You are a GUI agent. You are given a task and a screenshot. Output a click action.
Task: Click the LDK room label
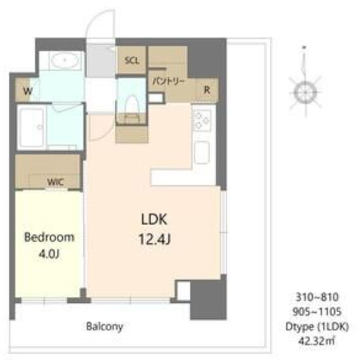(x=152, y=219)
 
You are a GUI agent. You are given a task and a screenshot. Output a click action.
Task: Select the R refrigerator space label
(x=206, y=89)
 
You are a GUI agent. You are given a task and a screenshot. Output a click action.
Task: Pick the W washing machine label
(x=27, y=91)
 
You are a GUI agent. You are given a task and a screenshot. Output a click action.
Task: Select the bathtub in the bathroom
(x=32, y=128)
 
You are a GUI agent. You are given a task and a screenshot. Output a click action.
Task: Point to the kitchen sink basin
(x=203, y=151)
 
